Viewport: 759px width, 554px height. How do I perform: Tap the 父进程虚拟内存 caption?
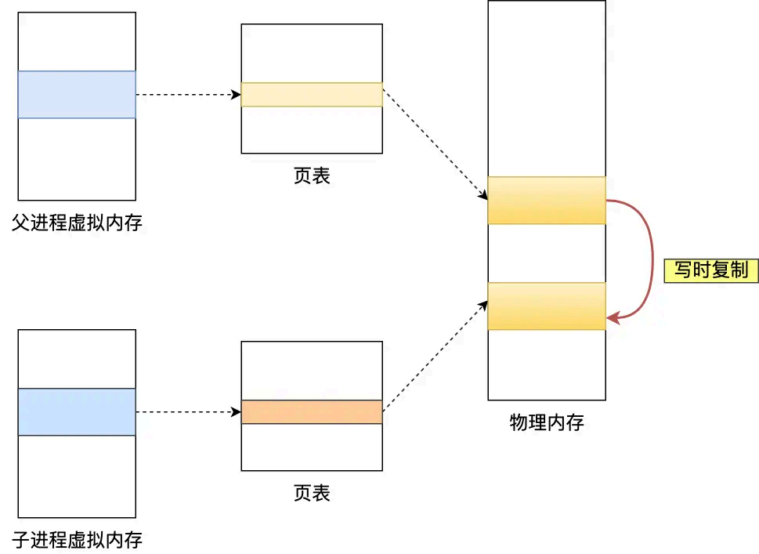click(77, 223)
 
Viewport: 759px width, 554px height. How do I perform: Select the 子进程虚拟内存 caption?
click(77, 539)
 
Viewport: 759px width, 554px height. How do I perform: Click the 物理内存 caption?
click(547, 423)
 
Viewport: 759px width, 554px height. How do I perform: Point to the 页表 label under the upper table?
click(312, 176)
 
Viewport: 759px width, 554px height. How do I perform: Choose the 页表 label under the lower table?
click(312, 493)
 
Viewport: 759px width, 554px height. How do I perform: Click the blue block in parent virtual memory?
click(77, 95)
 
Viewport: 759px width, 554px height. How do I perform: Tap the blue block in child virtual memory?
click(77, 412)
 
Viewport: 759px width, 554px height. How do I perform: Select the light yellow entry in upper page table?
click(312, 95)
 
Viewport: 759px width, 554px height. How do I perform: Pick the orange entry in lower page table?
click(312, 412)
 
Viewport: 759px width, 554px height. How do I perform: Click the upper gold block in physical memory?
click(547, 201)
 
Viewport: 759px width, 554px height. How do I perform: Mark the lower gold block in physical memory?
click(547, 306)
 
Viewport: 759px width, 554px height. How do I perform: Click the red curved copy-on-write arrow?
click(652, 259)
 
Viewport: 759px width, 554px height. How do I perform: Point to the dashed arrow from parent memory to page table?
click(188, 95)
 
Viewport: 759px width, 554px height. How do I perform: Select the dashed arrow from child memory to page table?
click(188, 412)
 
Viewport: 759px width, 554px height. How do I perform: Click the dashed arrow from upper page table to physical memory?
click(435, 147)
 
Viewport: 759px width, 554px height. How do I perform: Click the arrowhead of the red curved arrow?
click(613, 318)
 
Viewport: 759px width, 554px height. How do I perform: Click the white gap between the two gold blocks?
click(547, 253)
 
